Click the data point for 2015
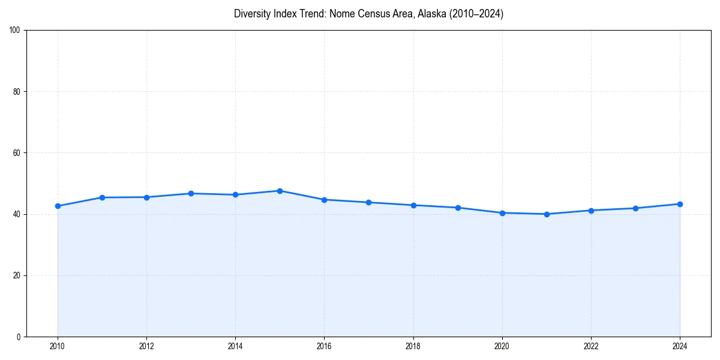click(280, 191)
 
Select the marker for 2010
click(58, 206)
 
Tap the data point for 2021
click(547, 214)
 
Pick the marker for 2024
click(680, 204)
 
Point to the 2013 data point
click(191, 193)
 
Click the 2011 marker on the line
click(102, 197)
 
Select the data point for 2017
click(368, 202)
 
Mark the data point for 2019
click(458, 208)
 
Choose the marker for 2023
click(635, 208)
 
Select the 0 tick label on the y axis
click(19, 337)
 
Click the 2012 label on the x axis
click(146, 346)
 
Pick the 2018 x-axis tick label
click(413, 346)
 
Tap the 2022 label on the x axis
click(591, 346)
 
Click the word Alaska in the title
click(431, 14)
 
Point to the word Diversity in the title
click(253, 14)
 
